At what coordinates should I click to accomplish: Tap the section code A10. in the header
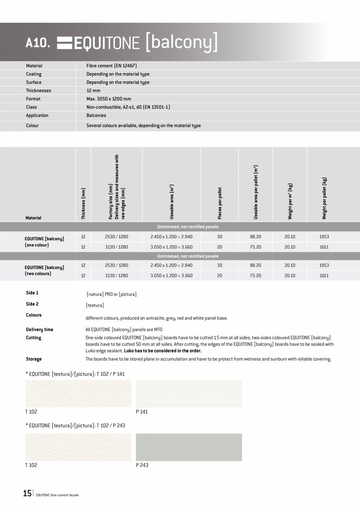(38, 43)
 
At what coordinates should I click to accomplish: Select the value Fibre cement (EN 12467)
(112, 66)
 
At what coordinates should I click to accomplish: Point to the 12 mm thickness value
(94, 90)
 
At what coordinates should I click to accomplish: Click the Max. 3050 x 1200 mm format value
(109, 99)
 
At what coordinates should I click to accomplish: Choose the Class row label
(32, 107)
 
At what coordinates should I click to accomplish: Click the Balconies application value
(96, 115)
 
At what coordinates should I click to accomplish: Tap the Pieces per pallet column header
(220, 203)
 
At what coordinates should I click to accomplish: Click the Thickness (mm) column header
(83, 203)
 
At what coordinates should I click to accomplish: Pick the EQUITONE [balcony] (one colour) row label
(44, 242)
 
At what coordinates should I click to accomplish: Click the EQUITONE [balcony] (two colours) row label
(44, 270)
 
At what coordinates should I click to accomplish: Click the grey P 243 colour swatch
(189, 447)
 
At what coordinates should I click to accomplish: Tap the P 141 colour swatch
(189, 393)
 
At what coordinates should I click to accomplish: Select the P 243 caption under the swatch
(142, 465)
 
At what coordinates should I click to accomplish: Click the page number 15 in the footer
(27, 493)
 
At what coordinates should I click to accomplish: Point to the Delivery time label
(40, 329)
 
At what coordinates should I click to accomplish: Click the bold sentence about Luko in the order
(165, 351)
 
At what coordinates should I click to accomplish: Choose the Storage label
(34, 359)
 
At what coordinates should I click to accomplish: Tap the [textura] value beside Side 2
(95, 305)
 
